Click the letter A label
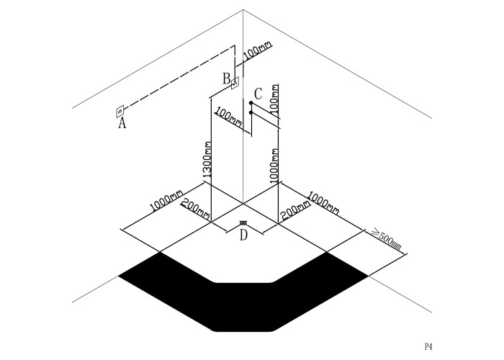pos(122,123)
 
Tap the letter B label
pos(227,78)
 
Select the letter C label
pos(258,94)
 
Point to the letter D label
pos(243,235)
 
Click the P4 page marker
pos(428,346)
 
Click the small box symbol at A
pos(120,111)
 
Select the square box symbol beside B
pos(235,84)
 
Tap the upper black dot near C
pos(251,103)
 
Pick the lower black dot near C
pos(251,112)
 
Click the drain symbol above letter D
pos(243,222)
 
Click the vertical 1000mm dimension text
pos(274,166)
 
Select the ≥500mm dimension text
pos(387,239)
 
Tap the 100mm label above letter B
pos(258,51)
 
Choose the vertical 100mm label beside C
pos(274,99)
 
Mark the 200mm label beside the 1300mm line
pos(196,207)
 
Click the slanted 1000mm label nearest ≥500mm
pos(323,202)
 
